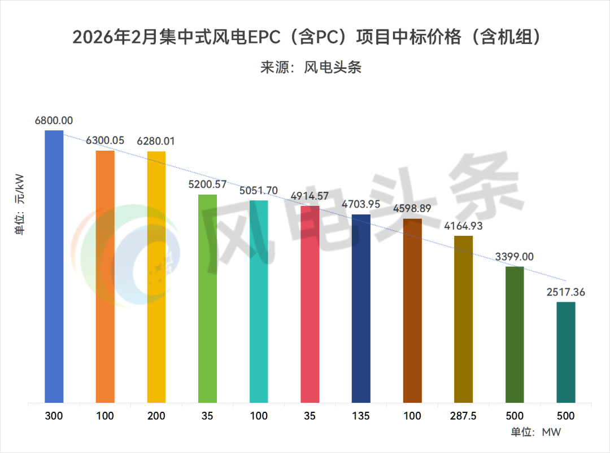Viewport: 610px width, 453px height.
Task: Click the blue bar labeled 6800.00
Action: (54, 267)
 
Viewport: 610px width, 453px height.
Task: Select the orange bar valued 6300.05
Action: (105, 277)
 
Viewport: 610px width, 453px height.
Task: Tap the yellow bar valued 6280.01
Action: (156, 277)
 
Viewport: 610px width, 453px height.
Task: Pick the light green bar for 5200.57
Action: (207, 299)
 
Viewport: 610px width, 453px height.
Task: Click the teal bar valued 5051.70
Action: (259, 302)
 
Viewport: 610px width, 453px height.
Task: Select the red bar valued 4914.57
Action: (310, 305)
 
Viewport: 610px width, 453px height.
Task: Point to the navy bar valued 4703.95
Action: (361, 309)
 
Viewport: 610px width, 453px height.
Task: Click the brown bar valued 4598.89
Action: (412, 311)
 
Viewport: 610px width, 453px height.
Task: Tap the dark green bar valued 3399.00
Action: (515, 335)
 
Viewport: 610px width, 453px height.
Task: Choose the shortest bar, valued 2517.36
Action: (565, 353)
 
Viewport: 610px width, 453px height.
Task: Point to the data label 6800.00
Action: (54, 120)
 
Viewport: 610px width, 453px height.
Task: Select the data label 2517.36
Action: (565, 292)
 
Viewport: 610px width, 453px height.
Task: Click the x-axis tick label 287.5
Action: (463, 416)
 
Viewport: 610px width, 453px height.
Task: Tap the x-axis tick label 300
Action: (54, 416)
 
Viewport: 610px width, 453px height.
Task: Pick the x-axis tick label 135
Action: (361, 416)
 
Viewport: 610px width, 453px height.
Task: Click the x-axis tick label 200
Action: (156, 416)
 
